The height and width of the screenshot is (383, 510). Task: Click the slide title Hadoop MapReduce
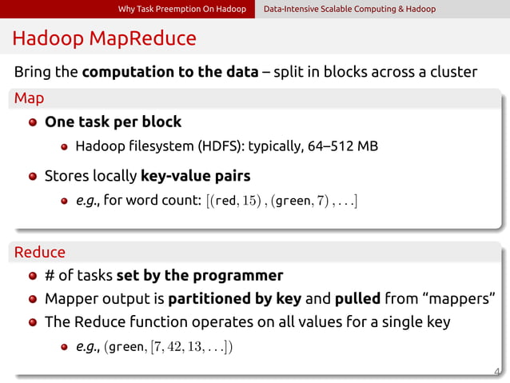pos(104,38)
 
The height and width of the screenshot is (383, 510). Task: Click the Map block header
pos(29,99)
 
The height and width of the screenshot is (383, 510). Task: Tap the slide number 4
pos(497,371)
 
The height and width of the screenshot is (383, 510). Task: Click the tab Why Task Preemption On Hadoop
pos(181,9)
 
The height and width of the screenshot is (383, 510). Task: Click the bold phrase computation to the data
pos(170,72)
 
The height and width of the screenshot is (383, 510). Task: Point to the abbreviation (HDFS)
pos(220,146)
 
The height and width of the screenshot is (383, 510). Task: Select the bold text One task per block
pos(113,122)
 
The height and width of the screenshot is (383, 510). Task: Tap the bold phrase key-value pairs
pos(196,176)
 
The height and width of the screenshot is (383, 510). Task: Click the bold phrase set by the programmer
pos(199,276)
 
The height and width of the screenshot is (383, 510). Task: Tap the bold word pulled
pos(357,299)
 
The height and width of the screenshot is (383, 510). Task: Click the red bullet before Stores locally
pos(33,177)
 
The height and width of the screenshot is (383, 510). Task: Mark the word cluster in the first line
pos(452,72)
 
